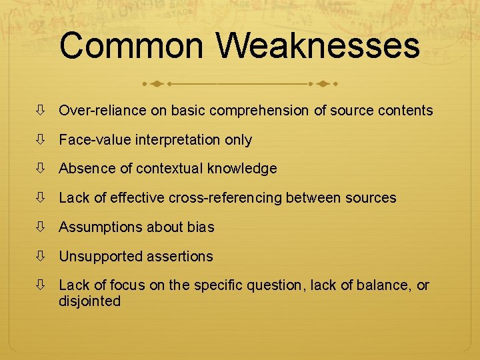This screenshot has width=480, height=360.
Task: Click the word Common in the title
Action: (x=131, y=46)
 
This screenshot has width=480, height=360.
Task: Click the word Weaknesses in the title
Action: (x=318, y=46)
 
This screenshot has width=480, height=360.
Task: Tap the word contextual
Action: (x=169, y=169)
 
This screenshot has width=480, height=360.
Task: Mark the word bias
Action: (x=201, y=227)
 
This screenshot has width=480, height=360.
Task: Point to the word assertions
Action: (x=180, y=256)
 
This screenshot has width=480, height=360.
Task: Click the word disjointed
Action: (x=90, y=301)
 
